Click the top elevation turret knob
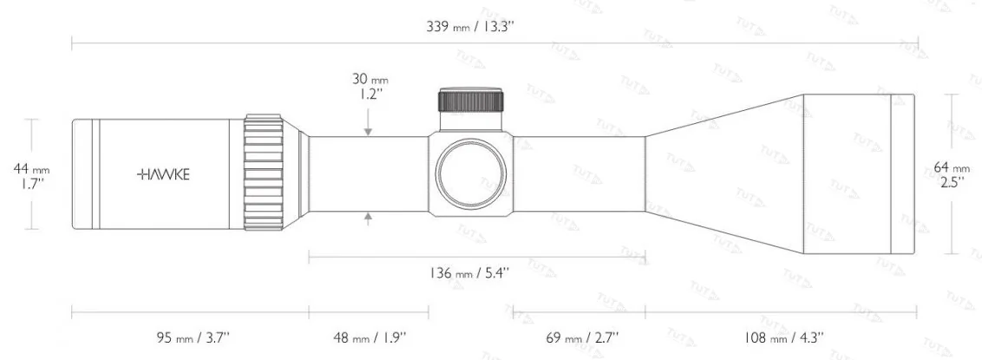(472, 100)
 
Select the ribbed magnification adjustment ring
(264, 173)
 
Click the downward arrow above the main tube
(369, 131)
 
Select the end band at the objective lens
(902, 173)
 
